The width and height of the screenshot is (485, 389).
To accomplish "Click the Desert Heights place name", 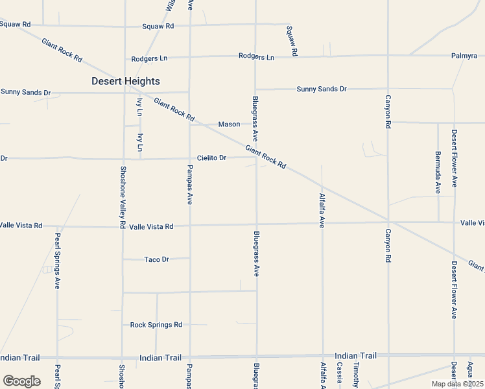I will point(125,81).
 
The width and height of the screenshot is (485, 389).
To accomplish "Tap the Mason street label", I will point(229,124).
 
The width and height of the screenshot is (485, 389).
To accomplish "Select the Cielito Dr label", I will point(212,158).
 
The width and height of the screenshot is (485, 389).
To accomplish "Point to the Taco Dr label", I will point(156,259).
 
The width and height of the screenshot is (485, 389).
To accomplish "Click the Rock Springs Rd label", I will point(156,325).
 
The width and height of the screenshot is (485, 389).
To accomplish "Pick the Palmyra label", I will point(464,56).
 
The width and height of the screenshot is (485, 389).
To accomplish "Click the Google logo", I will point(21,381).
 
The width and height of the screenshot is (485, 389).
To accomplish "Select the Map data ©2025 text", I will point(456,383).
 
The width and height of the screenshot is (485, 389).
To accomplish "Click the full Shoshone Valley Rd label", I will point(123,196).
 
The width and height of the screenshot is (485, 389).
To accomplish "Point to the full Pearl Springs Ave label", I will point(58,261).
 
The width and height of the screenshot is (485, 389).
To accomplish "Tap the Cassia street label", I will point(340,374).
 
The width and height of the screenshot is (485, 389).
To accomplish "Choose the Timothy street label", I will point(356,374).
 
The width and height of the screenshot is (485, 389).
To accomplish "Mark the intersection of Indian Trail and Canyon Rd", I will point(388,356).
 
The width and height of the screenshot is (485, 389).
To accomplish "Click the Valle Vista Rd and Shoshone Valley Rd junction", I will point(123,227).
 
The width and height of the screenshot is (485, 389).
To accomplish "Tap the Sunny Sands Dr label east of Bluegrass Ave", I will point(322,89).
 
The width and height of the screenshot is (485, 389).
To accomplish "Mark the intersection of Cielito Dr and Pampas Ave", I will point(190,158).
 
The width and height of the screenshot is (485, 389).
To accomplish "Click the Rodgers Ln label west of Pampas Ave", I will point(149,58).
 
